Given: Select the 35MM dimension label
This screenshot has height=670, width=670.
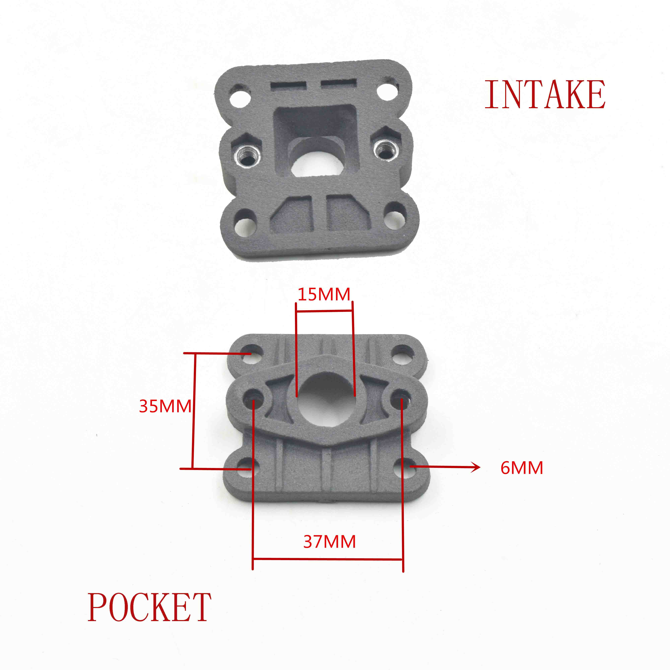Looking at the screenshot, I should point(165,406).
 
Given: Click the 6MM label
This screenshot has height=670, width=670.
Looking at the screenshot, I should point(522,468).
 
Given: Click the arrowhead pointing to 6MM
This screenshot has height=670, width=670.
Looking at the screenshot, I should point(476,467).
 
